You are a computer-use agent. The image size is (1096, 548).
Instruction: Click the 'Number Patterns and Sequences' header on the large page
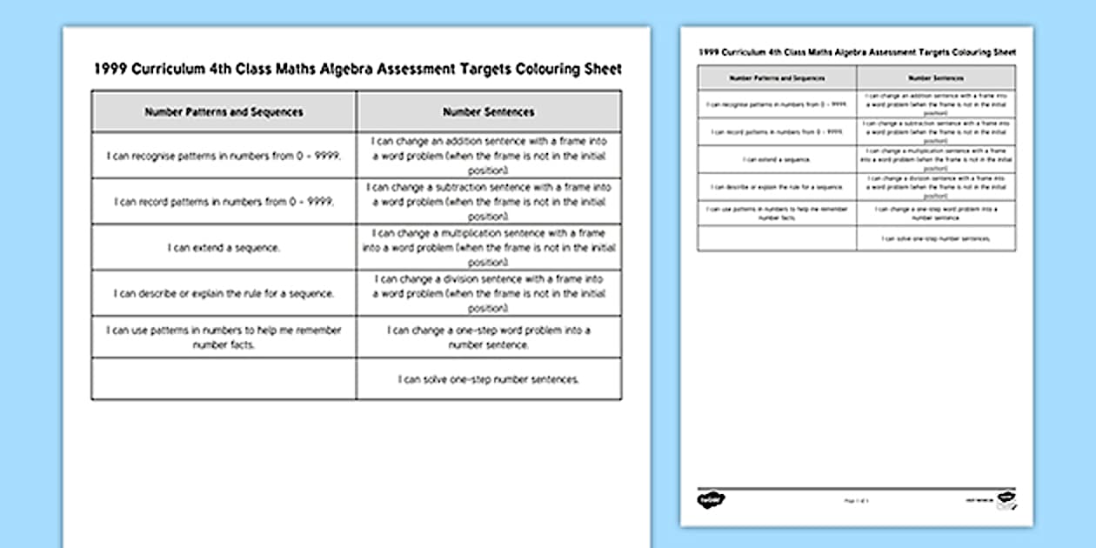(x=224, y=112)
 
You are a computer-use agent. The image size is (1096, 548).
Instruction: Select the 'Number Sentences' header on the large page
(x=488, y=112)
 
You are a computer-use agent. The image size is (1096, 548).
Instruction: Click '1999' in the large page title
(x=111, y=70)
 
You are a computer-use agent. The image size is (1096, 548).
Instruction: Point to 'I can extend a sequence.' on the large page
(x=224, y=248)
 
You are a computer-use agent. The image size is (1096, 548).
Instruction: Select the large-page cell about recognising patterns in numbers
(x=224, y=156)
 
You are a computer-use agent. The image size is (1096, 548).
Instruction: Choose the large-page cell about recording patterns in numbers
(x=224, y=202)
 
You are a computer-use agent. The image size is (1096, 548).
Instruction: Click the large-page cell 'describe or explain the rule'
(x=224, y=294)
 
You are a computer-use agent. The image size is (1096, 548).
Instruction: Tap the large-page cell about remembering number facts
(x=224, y=337)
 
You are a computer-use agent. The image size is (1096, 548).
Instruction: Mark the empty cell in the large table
(x=224, y=379)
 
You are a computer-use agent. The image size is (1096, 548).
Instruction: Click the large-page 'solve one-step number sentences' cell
(x=488, y=379)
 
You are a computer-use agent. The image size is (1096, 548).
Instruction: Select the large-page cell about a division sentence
(x=488, y=294)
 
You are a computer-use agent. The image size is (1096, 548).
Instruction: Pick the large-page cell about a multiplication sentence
(x=488, y=248)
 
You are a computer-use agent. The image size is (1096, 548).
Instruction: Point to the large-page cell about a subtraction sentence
(x=488, y=202)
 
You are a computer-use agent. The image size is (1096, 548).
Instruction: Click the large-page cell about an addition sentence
(x=488, y=156)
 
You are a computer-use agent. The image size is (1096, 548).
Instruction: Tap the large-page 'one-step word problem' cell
(x=488, y=337)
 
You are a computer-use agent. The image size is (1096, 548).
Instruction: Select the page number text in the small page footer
(x=856, y=501)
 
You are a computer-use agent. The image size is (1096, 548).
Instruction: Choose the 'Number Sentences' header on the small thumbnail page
(x=936, y=77)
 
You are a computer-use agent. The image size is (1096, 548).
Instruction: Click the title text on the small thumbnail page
(x=856, y=52)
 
